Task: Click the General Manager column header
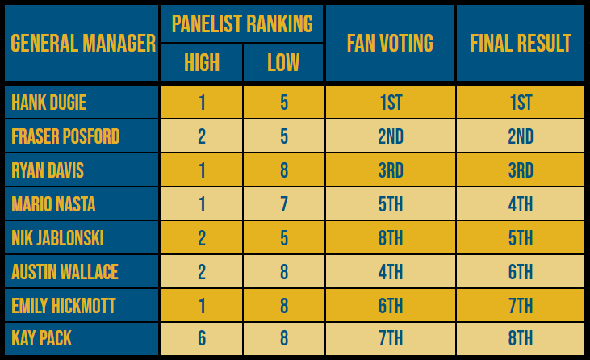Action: tap(82, 43)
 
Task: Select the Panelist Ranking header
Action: tap(242, 23)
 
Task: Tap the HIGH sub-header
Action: tap(202, 62)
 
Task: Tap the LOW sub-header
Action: tap(283, 62)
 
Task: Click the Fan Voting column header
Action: tap(390, 43)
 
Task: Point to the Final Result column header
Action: tap(521, 43)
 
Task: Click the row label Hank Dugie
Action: tap(49, 103)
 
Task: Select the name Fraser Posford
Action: tap(65, 136)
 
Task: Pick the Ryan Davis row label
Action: tap(48, 170)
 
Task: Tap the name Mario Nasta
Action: tap(53, 204)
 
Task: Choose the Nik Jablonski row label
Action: tap(57, 238)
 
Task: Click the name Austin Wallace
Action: tap(65, 272)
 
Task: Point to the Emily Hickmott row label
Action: tap(63, 306)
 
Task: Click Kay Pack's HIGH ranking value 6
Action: tap(202, 339)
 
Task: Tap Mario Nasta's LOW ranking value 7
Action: tap(284, 204)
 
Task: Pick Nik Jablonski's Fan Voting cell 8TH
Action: tap(390, 238)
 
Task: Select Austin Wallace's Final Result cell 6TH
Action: tap(521, 272)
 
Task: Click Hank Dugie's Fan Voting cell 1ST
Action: tap(390, 103)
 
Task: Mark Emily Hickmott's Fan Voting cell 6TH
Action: tap(390, 306)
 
